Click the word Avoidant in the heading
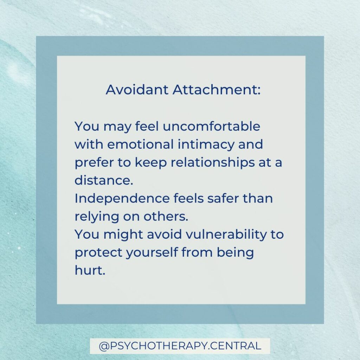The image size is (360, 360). tap(137, 89)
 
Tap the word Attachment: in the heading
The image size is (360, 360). tap(217, 89)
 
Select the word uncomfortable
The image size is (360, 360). tap(211, 126)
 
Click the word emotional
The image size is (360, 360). tap(140, 144)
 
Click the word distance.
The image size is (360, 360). tap(104, 180)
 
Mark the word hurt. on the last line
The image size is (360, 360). tap(90, 270)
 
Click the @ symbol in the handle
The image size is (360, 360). tap(104, 346)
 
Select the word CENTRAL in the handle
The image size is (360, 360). tap(236, 346)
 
